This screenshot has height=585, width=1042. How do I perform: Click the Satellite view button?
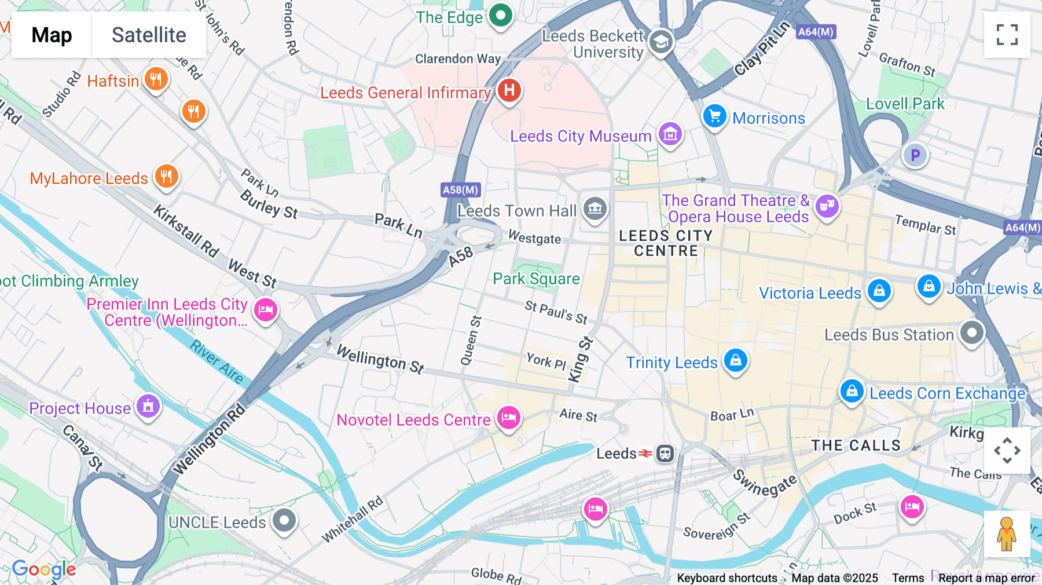tap(149, 35)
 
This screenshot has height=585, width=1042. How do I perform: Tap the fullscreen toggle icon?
tap(1007, 35)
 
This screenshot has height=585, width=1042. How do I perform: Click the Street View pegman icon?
tap(1007, 533)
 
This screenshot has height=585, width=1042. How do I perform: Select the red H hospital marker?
tap(509, 90)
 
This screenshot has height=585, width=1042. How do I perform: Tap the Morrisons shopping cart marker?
tap(715, 116)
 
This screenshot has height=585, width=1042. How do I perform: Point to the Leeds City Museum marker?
tap(670, 135)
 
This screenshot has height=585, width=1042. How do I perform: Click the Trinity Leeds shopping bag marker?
tap(736, 360)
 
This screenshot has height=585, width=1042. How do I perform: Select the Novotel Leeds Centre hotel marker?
tap(509, 417)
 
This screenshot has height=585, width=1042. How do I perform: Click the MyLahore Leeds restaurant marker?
tap(167, 176)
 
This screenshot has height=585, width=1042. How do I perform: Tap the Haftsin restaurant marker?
tap(156, 79)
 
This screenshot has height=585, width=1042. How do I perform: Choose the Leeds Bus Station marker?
tap(971, 333)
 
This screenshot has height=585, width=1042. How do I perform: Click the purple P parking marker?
tap(915, 155)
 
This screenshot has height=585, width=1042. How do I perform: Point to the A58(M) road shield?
tap(460, 190)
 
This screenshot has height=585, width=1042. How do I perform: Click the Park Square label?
tap(536, 279)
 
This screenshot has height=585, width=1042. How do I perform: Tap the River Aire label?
tap(217, 361)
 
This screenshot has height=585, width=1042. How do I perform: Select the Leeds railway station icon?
tap(665, 454)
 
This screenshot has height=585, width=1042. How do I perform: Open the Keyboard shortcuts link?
tap(727, 578)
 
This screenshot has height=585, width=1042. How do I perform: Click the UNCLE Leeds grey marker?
tap(284, 520)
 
